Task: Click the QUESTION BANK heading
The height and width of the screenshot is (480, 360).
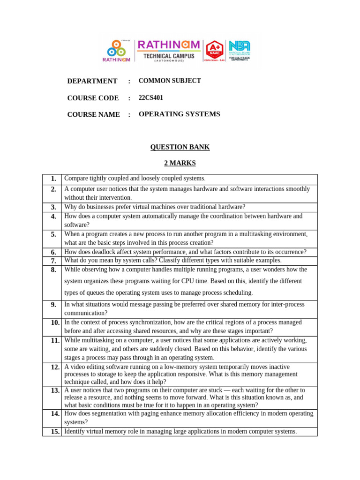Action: coord(180,147)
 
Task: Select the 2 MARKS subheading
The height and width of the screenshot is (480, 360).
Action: coord(180,163)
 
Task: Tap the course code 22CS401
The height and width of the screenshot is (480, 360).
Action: coord(151,97)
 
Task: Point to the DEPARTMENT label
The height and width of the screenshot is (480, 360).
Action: coord(92,81)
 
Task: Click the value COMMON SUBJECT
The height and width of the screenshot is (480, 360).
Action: coord(170,81)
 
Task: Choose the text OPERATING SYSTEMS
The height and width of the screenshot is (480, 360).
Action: coord(180,114)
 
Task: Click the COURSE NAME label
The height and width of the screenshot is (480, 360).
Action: coord(93,115)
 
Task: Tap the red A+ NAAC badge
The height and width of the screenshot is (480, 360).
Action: coord(214,51)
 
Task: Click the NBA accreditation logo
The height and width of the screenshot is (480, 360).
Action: coord(239,51)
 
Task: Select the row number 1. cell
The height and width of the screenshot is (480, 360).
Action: coord(52,179)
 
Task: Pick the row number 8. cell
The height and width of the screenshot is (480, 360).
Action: coord(52,270)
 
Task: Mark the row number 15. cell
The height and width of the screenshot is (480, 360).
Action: coord(52,432)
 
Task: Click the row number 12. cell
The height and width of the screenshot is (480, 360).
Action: coord(52,367)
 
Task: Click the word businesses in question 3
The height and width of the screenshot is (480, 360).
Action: coord(98,207)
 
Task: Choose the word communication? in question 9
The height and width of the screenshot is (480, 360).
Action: coord(86,313)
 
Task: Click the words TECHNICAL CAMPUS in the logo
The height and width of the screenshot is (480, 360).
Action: coord(168,56)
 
